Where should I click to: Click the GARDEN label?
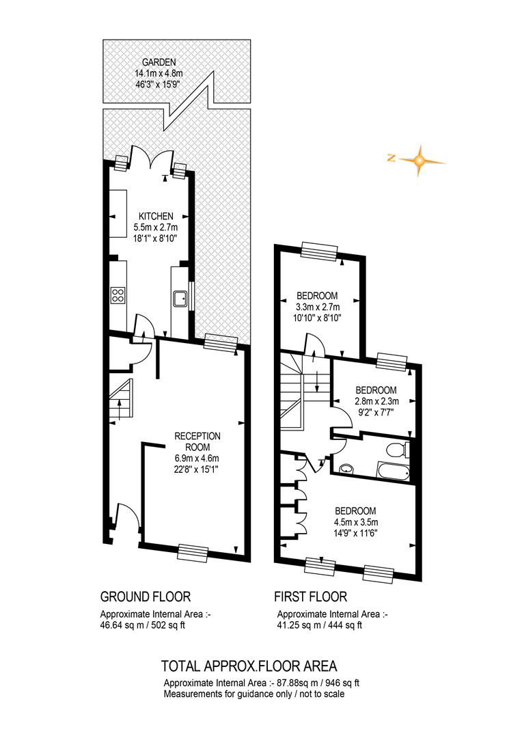(x=159, y=61)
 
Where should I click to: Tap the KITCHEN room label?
(x=156, y=216)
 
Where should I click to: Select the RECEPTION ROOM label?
(x=197, y=441)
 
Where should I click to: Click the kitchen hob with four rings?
(x=118, y=295)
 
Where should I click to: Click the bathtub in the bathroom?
(x=393, y=471)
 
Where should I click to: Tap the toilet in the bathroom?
(x=398, y=450)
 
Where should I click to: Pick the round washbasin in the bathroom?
(x=347, y=468)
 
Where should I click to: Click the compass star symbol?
(x=418, y=161)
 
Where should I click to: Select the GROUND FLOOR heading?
(x=146, y=597)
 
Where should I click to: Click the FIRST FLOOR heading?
(x=311, y=597)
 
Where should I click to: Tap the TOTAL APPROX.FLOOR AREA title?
(x=249, y=666)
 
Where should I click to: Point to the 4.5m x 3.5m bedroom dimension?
(x=356, y=522)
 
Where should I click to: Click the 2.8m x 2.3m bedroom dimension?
(x=376, y=402)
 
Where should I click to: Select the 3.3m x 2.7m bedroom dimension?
(x=317, y=307)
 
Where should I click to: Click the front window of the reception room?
(x=193, y=551)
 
